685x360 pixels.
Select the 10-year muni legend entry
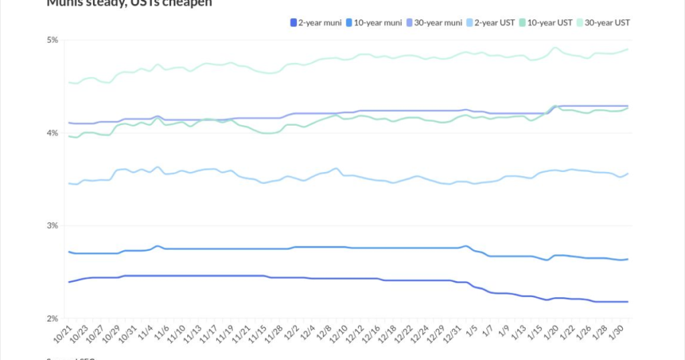pos(370,23)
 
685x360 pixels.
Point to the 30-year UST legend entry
pos(606,23)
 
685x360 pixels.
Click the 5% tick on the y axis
pos(52,40)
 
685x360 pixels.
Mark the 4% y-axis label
pos(52,133)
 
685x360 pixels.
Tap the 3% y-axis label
pos(52,226)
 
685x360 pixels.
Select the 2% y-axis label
pos(52,319)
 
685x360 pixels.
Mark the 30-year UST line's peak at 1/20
pos(555,48)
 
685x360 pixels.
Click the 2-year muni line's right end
pos(627,302)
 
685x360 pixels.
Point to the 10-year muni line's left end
pos(69,252)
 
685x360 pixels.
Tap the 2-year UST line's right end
pos(627,173)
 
